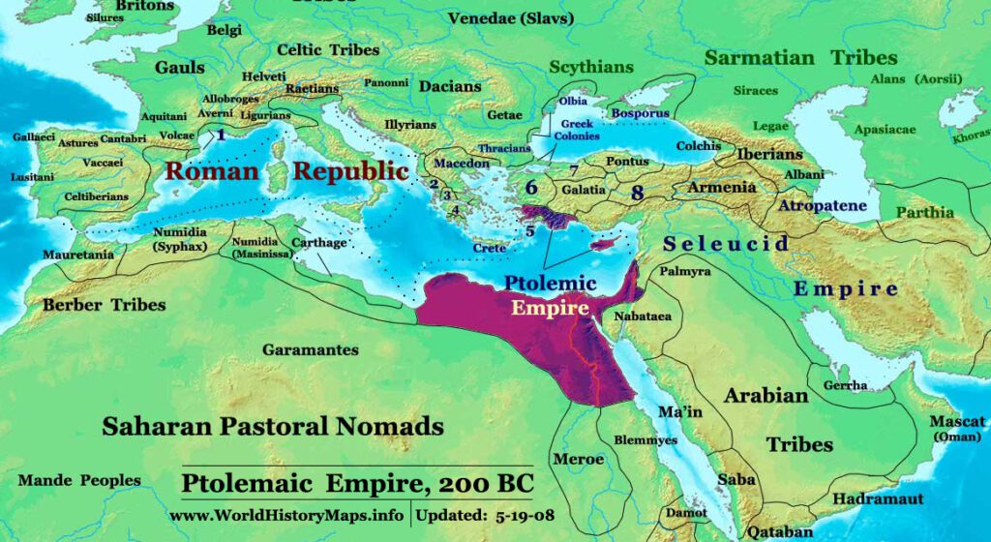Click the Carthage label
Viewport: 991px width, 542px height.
pyautogui.click(x=318, y=243)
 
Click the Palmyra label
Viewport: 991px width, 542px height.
pyautogui.click(x=684, y=272)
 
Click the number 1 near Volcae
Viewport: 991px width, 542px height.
pyautogui.click(x=221, y=135)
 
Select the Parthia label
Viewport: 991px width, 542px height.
pyautogui.click(x=924, y=212)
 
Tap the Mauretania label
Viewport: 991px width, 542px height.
pyautogui.click(x=77, y=255)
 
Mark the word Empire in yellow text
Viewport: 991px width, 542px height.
pyautogui.click(x=550, y=310)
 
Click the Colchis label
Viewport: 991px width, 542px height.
pyautogui.click(x=698, y=146)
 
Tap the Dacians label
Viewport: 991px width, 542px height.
pyautogui.click(x=450, y=86)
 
